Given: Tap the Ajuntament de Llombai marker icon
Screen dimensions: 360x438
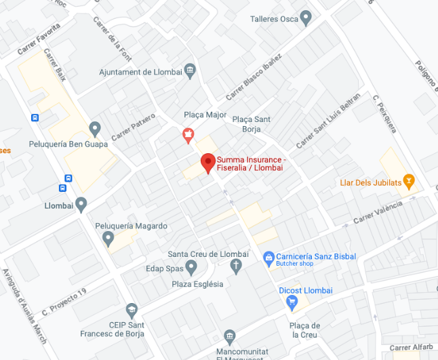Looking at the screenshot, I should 189,71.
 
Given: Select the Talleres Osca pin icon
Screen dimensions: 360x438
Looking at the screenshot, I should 306,18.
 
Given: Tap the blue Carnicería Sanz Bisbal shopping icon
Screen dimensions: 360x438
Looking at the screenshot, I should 268,257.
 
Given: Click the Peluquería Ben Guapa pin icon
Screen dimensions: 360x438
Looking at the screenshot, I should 95,128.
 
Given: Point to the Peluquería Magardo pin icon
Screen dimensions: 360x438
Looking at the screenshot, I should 108,238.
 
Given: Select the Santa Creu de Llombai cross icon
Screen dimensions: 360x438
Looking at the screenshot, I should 236,266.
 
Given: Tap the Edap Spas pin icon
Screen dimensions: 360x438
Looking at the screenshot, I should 191,268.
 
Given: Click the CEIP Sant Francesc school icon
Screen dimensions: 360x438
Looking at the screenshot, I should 131,311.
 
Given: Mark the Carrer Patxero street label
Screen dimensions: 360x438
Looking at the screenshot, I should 133,127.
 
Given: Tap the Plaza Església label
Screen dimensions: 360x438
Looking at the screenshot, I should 197,284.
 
